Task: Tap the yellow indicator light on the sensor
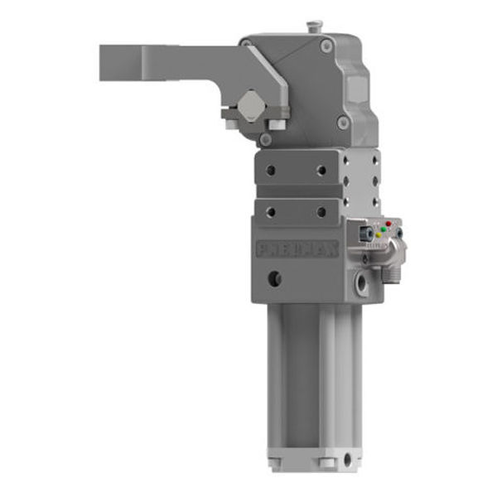point(379,235)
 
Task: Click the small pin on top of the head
point(312,27)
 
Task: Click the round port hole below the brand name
point(274,278)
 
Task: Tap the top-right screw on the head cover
point(327,46)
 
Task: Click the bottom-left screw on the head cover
point(265,140)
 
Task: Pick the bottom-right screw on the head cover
point(342,123)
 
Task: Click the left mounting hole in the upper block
point(270,170)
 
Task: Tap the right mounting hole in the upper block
point(321,170)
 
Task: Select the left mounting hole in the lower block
point(270,212)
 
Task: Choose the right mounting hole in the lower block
point(321,212)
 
